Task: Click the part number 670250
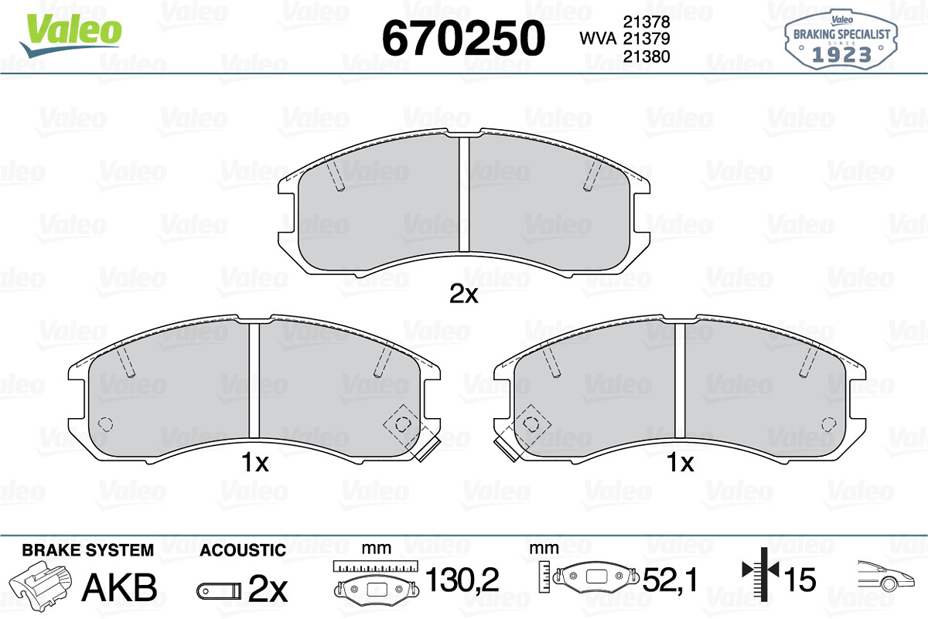click(463, 38)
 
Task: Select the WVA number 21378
click(647, 22)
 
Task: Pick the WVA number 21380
click(647, 56)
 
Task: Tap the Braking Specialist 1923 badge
click(841, 40)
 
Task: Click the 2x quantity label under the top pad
click(463, 294)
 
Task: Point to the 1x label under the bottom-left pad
click(254, 462)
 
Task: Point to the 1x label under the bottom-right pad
click(681, 462)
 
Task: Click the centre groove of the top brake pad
click(464, 194)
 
